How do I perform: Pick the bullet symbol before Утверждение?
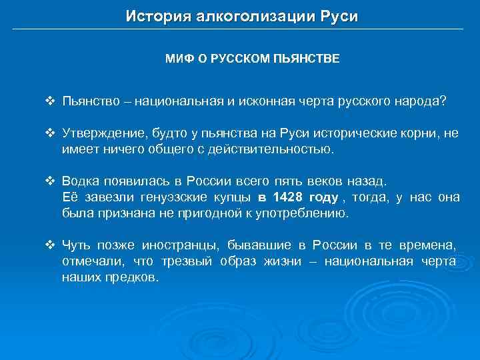(x=49, y=133)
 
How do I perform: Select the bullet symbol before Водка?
(x=49, y=181)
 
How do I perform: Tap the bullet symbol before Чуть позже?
(x=49, y=245)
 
